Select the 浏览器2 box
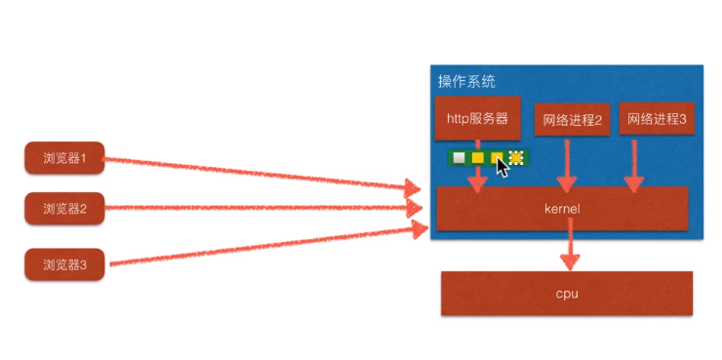[x=64, y=209]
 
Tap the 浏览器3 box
[x=64, y=263]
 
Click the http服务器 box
[x=477, y=119]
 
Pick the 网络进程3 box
[x=657, y=119]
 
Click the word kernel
[x=562, y=209]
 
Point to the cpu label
[x=567, y=293]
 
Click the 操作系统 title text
[x=465, y=80]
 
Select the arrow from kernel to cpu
[x=569, y=250]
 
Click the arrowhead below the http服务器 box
[x=477, y=183]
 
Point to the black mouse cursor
[x=502, y=167]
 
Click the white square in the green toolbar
[x=459, y=157]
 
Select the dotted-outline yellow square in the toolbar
[x=516, y=157]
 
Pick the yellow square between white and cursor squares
[x=477, y=157]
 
